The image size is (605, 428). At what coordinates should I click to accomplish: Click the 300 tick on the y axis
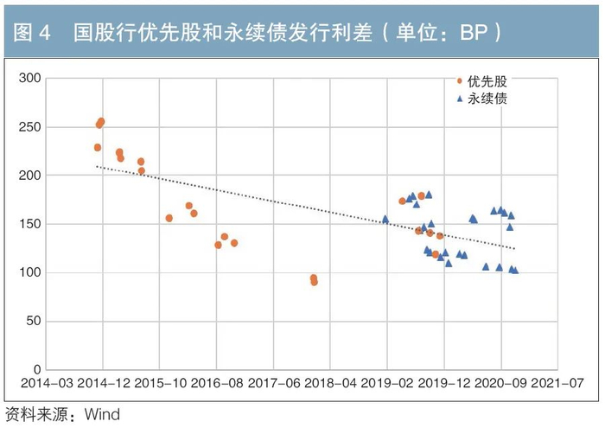pyautogui.click(x=31, y=79)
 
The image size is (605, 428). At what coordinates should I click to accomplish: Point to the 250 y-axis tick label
pyautogui.click(x=31, y=127)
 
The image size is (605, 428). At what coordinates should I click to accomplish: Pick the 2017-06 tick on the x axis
pyautogui.click(x=273, y=383)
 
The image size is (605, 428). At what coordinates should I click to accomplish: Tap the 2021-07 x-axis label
pyautogui.click(x=557, y=383)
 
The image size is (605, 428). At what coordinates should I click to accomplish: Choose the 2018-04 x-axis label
pyautogui.click(x=330, y=383)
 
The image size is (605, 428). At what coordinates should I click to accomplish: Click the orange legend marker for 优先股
pyautogui.click(x=459, y=81)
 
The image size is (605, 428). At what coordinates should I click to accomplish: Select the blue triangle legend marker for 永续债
pyautogui.click(x=459, y=99)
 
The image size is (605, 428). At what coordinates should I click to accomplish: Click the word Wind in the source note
pyautogui.click(x=102, y=414)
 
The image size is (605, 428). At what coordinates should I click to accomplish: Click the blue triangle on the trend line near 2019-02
pyautogui.click(x=385, y=220)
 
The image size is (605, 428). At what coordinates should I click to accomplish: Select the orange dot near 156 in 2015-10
pyautogui.click(x=169, y=218)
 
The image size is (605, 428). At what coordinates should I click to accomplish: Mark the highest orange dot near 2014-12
pyautogui.click(x=101, y=122)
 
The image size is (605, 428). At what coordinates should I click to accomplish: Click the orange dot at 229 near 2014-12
pyautogui.click(x=98, y=148)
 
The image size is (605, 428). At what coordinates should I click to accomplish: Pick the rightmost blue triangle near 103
pyautogui.click(x=515, y=270)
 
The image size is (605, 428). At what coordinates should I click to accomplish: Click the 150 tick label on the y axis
pyautogui.click(x=31, y=224)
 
